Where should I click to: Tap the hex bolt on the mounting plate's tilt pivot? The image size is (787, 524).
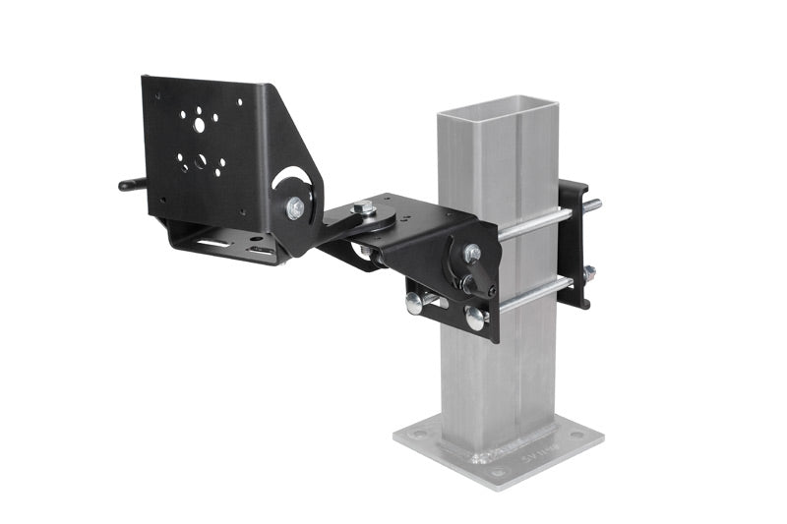tap(295, 207)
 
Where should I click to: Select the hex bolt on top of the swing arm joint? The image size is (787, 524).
tap(363, 207)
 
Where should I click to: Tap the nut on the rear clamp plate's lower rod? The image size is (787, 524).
tap(588, 274)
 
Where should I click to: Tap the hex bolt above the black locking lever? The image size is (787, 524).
tap(472, 252)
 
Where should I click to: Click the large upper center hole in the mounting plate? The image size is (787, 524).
tap(200, 125)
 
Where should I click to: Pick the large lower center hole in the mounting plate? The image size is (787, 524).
tap(201, 160)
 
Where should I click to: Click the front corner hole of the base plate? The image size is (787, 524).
tap(498, 472)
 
